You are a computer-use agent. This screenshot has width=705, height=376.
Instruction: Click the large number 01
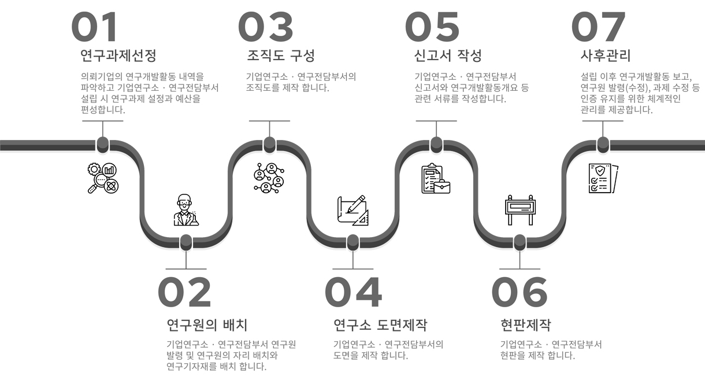94,27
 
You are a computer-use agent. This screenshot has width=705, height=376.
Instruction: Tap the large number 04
353,292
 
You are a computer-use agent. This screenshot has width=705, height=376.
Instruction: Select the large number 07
598,27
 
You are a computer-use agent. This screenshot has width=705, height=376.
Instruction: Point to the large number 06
520,292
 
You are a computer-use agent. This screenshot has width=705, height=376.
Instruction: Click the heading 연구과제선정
118,56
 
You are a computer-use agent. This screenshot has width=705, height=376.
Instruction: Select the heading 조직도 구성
281,56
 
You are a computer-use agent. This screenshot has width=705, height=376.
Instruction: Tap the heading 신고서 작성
448,56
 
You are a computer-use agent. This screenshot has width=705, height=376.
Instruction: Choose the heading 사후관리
605,56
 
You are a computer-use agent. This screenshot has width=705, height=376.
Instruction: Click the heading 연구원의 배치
207,324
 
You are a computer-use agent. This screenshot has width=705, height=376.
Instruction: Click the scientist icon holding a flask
185,211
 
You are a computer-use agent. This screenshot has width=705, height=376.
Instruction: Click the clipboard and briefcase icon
436,179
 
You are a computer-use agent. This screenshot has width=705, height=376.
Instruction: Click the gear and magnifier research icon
103,178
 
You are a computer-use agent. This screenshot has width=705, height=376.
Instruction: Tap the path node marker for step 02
185,241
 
